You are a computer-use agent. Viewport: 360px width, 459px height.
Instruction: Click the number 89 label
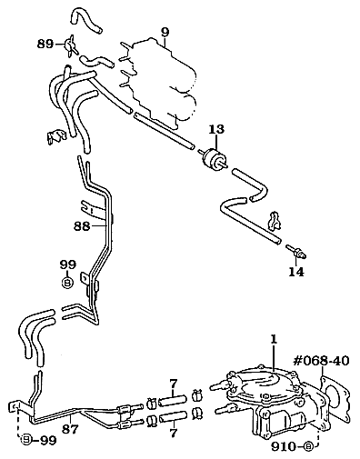[x=45, y=45]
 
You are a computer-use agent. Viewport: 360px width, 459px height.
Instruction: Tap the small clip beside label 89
[x=70, y=45]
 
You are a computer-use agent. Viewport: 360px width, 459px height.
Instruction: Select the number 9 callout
[x=165, y=32]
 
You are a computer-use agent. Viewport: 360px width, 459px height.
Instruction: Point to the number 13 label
[x=216, y=129]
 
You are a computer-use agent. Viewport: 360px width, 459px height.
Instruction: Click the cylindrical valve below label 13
[x=214, y=158]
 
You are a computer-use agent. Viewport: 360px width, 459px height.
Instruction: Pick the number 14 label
[x=295, y=272]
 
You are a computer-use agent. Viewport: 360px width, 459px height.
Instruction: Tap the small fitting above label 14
[x=297, y=251]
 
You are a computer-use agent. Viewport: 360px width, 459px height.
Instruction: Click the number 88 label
[x=82, y=226]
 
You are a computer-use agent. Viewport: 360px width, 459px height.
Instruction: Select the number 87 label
[x=70, y=429]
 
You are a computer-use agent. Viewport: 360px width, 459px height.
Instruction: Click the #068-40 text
[x=321, y=361]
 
